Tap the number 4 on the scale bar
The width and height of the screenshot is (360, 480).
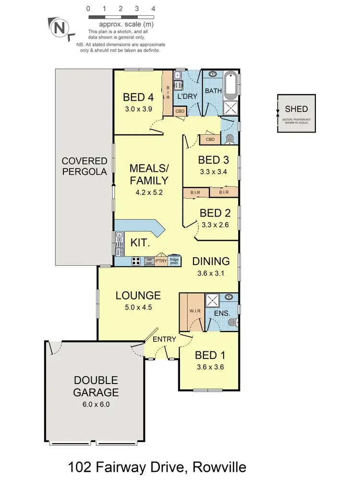[153, 9]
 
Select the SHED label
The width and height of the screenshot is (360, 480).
[296, 110]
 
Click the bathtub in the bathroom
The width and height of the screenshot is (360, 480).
[231, 82]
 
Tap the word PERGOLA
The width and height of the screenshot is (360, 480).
[84, 171]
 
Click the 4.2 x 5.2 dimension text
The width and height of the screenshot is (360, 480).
[149, 194]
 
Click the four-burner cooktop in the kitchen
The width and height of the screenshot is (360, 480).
[136, 262]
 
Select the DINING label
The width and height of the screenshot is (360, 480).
[211, 261]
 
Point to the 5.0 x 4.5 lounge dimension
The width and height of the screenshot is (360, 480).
[138, 308]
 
